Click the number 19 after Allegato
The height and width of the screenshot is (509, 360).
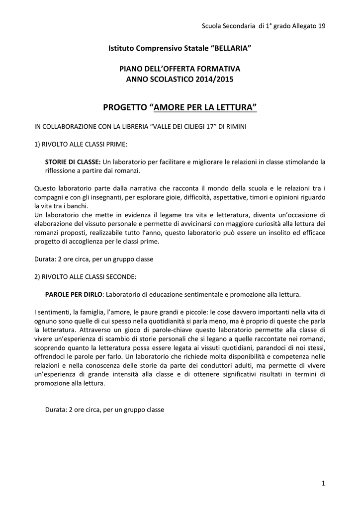(321, 26)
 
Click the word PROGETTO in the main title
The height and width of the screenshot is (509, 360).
(125, 107)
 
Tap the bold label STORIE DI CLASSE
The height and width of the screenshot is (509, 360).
(73, 162)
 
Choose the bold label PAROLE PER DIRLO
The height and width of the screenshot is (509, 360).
(74, 294)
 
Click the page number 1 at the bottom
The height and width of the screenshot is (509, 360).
(323, 484)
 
